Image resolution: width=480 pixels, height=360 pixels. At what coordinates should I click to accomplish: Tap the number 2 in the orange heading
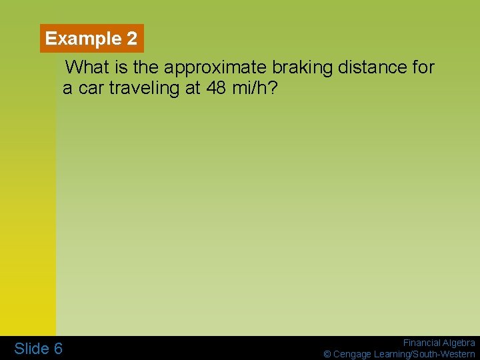(131, 39)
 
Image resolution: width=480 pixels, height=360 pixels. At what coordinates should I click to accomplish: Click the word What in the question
(89, 67)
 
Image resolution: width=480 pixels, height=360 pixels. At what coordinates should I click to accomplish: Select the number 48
(216, 88)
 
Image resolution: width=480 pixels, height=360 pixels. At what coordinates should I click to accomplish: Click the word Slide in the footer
(31, 349)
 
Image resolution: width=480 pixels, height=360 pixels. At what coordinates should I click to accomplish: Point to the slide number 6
(58, 349)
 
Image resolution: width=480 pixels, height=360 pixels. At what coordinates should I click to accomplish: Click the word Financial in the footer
(421, 343)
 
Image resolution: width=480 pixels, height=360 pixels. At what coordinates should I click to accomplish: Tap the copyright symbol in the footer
(327, 354)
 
